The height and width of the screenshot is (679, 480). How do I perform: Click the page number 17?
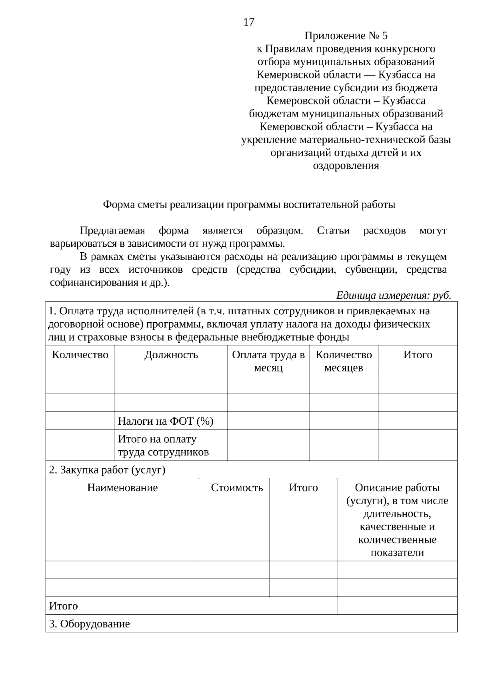248,22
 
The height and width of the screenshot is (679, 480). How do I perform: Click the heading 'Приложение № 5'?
346,36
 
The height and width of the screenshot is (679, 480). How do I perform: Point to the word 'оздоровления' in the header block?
346,166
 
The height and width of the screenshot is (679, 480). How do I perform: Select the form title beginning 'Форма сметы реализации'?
249,205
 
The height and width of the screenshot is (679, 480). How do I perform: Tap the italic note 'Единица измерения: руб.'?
394,296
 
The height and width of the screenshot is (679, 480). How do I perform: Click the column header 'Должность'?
171,355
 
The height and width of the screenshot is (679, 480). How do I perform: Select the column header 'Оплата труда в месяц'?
268,361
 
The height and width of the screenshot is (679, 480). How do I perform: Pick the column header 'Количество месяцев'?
343,361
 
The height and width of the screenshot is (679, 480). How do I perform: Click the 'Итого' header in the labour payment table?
417,355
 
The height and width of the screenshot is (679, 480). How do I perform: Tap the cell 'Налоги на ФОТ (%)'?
166,421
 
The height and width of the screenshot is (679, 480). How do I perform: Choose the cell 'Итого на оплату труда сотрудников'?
163,445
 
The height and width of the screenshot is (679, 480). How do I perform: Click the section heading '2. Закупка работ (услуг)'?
107,469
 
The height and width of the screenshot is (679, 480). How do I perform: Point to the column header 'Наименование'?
122,487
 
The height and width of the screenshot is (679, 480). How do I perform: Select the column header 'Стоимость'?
237,487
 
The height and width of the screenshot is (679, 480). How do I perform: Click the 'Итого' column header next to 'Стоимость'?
303,487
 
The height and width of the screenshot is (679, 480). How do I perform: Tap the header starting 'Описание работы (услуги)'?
397,520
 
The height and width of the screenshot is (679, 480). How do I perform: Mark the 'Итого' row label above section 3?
64,606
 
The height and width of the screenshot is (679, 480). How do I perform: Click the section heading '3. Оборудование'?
90,624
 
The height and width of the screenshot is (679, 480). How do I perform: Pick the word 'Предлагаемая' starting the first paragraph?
112,231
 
